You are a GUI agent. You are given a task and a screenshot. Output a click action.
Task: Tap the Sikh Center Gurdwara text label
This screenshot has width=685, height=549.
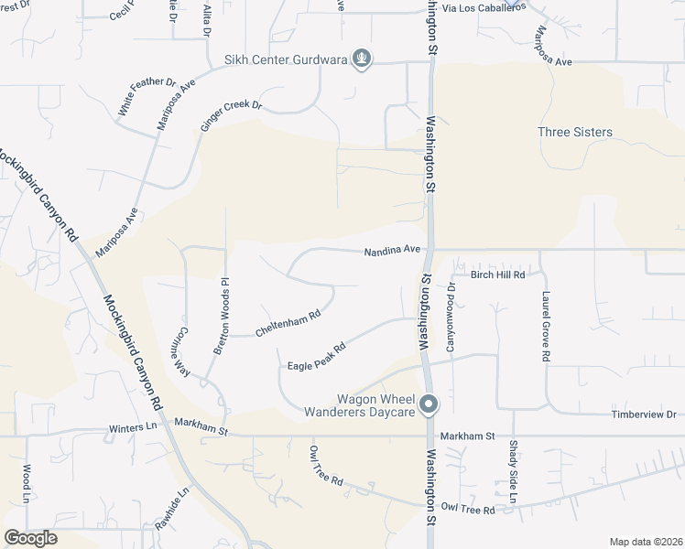286,61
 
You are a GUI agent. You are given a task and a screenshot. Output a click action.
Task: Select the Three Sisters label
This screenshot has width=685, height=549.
574,132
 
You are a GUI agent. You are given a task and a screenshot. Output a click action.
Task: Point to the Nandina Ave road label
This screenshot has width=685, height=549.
391,249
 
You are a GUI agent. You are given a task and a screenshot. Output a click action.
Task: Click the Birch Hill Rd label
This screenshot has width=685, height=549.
497,274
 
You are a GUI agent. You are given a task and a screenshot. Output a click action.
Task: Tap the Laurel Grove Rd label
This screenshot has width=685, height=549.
545,327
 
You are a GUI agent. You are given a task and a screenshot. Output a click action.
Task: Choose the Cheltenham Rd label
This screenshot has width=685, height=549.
288,323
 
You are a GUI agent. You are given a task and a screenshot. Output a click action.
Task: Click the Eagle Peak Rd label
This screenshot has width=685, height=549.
316,356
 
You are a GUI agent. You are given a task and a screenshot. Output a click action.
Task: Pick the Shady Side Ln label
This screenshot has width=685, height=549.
513,472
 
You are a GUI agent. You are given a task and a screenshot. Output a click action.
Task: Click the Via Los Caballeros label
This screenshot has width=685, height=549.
484,7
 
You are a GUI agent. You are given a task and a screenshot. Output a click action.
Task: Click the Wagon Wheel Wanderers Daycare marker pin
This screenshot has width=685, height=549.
428,404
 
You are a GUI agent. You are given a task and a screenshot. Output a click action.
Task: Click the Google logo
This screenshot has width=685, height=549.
30,537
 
